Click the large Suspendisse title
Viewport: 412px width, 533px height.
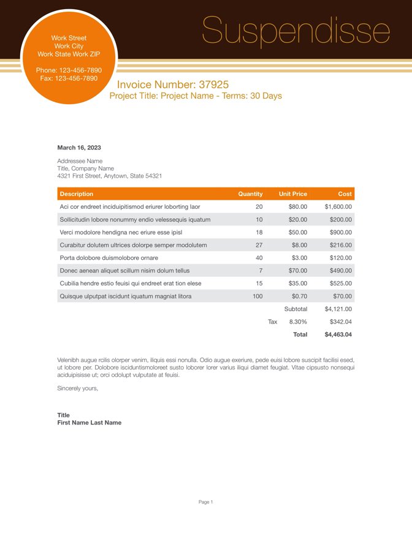click(296, 31)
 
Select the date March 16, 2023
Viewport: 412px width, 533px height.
click(79, 148)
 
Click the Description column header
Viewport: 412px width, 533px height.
click(77, 194)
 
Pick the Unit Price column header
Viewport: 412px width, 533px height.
click(292, 194)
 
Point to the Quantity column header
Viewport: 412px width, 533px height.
click(250, 194)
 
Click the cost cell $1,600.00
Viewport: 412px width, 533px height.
click(338, 206)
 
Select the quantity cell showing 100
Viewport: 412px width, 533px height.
click(257, 296)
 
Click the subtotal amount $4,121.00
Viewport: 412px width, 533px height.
click(338, 309)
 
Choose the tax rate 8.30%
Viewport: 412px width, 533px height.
click(298, 322)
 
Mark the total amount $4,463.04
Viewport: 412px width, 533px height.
click(338, 335)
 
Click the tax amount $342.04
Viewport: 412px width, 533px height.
click(340, 322)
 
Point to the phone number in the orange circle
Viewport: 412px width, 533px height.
click(69, 70)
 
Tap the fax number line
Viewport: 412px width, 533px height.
click(69, 78)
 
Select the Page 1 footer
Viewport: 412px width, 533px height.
click(205, 502)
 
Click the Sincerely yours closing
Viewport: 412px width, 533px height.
click(77, 388)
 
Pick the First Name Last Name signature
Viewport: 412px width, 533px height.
click(89, 422)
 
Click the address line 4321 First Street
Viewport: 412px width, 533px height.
click(109, 176)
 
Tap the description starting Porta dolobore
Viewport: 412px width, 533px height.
click(109, 258)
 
